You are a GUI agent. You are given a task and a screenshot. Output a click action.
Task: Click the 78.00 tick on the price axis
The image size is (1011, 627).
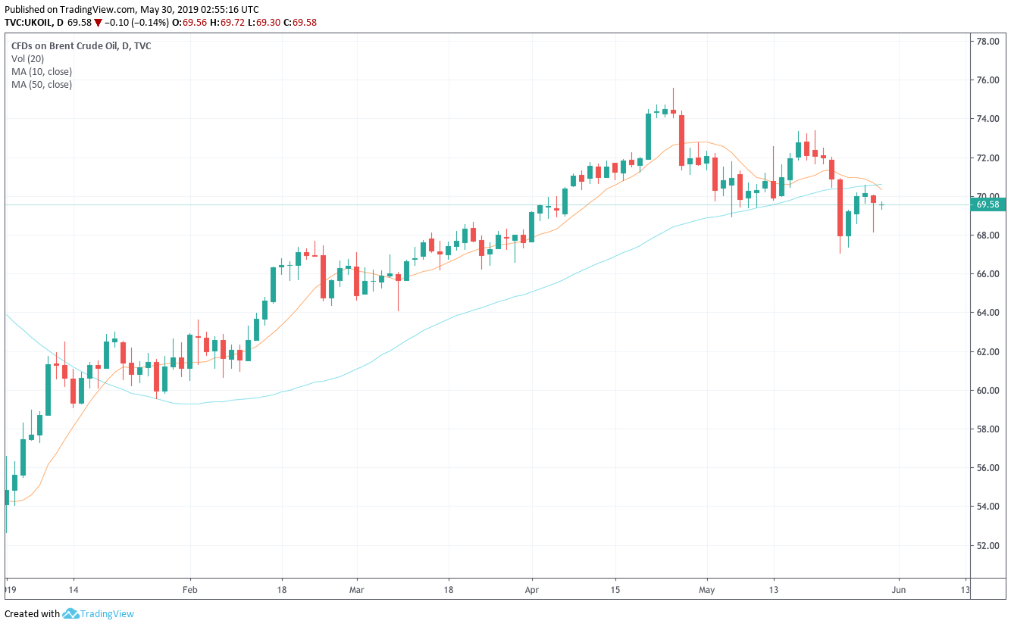coord(986,42)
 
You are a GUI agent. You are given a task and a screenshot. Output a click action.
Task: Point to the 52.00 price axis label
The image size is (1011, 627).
coord(986,545)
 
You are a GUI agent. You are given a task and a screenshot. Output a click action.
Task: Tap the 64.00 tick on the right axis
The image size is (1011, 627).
coord(986,313)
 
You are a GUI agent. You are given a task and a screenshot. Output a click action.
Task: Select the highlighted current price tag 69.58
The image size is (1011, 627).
coord(988,204)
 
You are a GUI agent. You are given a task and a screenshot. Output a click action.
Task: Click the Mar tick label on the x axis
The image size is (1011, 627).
coord(357,589)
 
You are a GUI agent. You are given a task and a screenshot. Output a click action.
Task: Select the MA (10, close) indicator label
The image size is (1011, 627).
coord(42,71)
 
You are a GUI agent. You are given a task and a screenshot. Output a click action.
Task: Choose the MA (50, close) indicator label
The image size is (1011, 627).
coord(42,84)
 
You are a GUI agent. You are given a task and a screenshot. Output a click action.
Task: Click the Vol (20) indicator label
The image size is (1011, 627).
coord(28,58)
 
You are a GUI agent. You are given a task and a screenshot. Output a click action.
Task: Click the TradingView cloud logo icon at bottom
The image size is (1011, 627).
coord(70,613)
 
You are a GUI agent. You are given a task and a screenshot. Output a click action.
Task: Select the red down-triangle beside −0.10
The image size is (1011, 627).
coord(98,23)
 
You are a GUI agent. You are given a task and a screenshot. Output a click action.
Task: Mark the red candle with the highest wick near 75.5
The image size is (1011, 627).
coord(673,111)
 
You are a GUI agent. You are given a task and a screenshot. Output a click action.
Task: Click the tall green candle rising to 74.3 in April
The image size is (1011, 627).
coord(648,136)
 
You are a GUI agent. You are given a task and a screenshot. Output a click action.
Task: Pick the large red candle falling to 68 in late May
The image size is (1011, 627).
coord(840,207)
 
